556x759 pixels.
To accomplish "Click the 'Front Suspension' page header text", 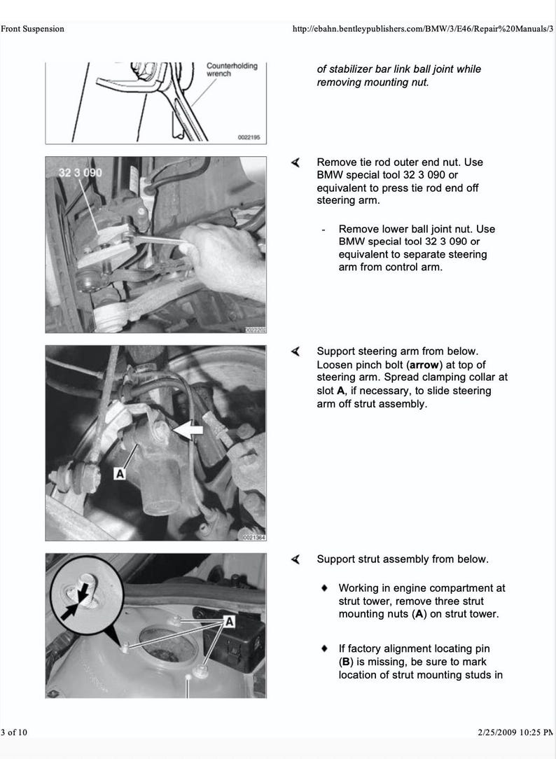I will pos(32,29).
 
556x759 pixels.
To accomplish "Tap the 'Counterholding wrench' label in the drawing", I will pos(231,69).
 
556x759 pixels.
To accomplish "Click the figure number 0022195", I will pos(249,138).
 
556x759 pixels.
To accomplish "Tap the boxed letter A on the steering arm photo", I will pos(119,474).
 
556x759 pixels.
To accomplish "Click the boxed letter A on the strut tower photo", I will pos(228,621).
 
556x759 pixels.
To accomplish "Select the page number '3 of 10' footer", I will pos(14,732).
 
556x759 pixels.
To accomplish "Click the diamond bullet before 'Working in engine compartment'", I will pos(324,588).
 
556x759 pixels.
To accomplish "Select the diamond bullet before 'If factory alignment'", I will pos(324,649).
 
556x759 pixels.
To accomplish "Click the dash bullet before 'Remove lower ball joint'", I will pos(324,230).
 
